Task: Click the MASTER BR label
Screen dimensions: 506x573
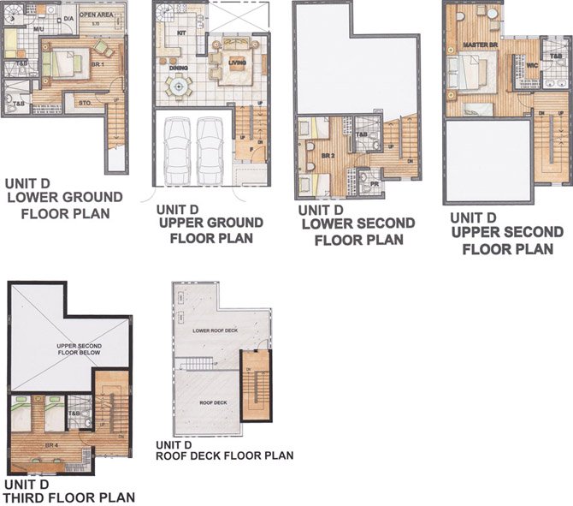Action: (474, 44)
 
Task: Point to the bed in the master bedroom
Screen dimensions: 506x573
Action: (471, 68)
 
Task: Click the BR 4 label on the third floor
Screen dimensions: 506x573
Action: (50, 446)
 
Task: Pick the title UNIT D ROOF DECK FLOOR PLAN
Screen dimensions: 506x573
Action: (224, 450)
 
